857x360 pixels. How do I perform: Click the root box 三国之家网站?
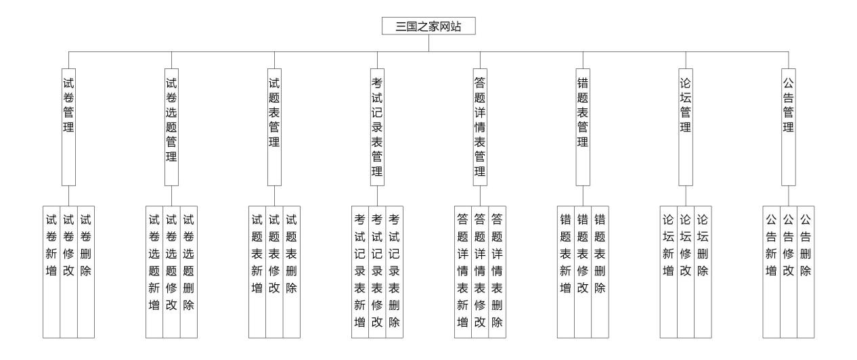point(428,26)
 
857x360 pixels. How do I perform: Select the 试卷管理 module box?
point(68,126)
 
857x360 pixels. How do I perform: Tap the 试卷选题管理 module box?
point(171,126)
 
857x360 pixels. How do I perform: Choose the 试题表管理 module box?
point(274,126)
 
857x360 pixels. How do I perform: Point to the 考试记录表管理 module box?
point(377,126)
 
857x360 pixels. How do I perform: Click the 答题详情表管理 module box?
point(480,126)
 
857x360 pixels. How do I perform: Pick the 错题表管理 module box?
point(583,126)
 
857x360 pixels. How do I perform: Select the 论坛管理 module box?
point(686,126)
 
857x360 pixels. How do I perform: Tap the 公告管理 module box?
point(789,126)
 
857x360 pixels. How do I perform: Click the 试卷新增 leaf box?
point(51,271)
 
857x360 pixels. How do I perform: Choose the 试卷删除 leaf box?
point(86,271)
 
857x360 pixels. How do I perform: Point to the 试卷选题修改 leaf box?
point(171,271)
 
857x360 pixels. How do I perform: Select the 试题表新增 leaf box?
point(257,271)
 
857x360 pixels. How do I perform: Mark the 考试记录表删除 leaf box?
point(395,271)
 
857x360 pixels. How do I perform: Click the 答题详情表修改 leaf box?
point(480,271)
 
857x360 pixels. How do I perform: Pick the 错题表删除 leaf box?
point(600,271)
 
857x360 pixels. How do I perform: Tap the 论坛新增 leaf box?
point(669,271)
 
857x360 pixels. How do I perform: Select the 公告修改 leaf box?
point(789,271)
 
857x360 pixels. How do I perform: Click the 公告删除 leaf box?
point(806,271)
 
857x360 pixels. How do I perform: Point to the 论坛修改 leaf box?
point(686,271)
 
